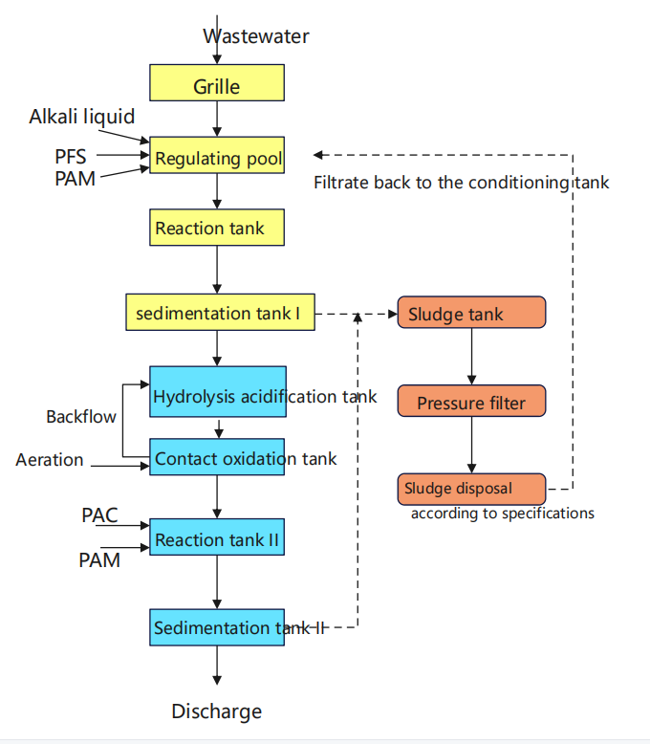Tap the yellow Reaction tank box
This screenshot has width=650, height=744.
point(217,229)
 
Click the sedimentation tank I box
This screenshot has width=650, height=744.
point(220,313)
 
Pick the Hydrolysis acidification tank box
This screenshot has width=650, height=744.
point(218,391)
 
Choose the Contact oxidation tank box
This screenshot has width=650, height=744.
point(218,457)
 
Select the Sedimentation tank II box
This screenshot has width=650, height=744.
point(218,626)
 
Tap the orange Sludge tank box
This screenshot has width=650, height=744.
point(471,313)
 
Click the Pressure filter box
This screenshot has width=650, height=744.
point(471,402)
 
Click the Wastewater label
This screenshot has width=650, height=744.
point(256,36)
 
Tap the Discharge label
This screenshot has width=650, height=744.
point(216,711)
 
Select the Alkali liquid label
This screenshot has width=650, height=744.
point(81,117)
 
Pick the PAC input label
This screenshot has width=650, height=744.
point(99,516)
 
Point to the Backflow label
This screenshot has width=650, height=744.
point(81,417)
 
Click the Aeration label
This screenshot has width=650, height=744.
point(50,460)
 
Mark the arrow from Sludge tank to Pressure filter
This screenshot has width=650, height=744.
point(471,357)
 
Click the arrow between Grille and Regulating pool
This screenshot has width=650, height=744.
point(218,118)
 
